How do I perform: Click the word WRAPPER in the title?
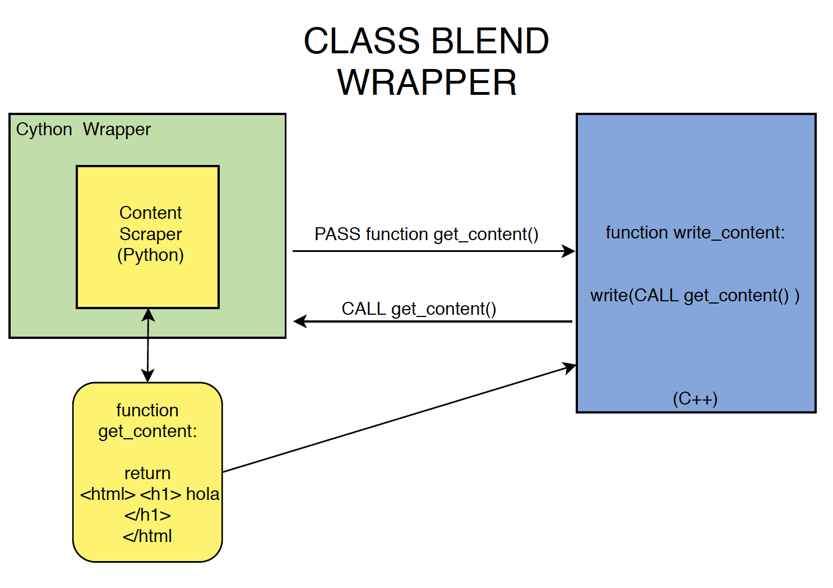[427, 83]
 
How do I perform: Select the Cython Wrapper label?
[83, 130]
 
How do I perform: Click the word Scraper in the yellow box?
[150, 234]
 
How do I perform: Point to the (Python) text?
[150, 255]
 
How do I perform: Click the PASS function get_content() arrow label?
[426, 234]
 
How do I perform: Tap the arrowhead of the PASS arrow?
[568, 251]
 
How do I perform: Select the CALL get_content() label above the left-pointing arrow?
[419, 309]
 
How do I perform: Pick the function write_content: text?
[695, 232]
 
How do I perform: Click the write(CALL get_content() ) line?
[695, 295]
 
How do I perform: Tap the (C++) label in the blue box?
[695, 399]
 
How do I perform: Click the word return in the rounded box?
[147, 473]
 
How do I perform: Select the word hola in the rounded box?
[202, 494]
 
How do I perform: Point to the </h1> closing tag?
[147, 515]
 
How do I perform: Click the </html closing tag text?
[147, 536]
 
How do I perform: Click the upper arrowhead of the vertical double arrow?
[148, 315]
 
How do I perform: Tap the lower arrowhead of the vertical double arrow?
[147, 376]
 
